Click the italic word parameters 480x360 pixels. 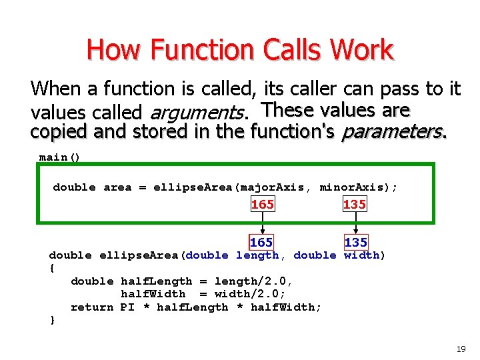393,132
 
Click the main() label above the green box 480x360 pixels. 59,157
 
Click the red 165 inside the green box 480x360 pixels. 262,205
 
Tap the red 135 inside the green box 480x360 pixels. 354,205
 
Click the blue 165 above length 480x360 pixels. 261,243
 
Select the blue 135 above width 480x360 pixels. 355,243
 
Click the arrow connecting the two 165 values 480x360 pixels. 261,224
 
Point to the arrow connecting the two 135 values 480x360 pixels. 355,224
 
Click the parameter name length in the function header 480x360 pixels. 257,255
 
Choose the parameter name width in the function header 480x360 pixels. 361,255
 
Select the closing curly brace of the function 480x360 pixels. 53,321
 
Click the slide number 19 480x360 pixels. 460,349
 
